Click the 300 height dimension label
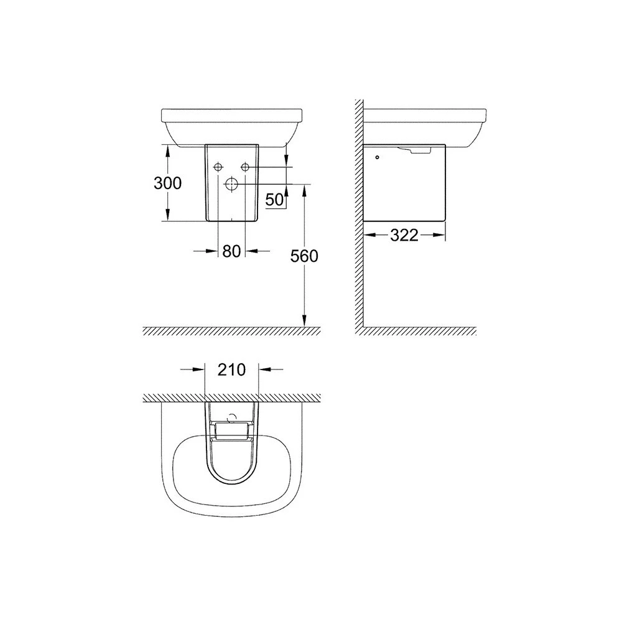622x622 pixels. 167,183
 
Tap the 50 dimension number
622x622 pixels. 275,200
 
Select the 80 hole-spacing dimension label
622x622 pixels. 231,251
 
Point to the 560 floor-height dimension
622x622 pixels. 304,256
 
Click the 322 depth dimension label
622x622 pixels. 404,235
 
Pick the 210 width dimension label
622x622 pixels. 231,369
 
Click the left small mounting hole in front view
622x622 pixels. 218,167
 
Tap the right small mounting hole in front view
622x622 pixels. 245,167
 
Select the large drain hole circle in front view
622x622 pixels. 231,183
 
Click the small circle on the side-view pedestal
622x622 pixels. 377,157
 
